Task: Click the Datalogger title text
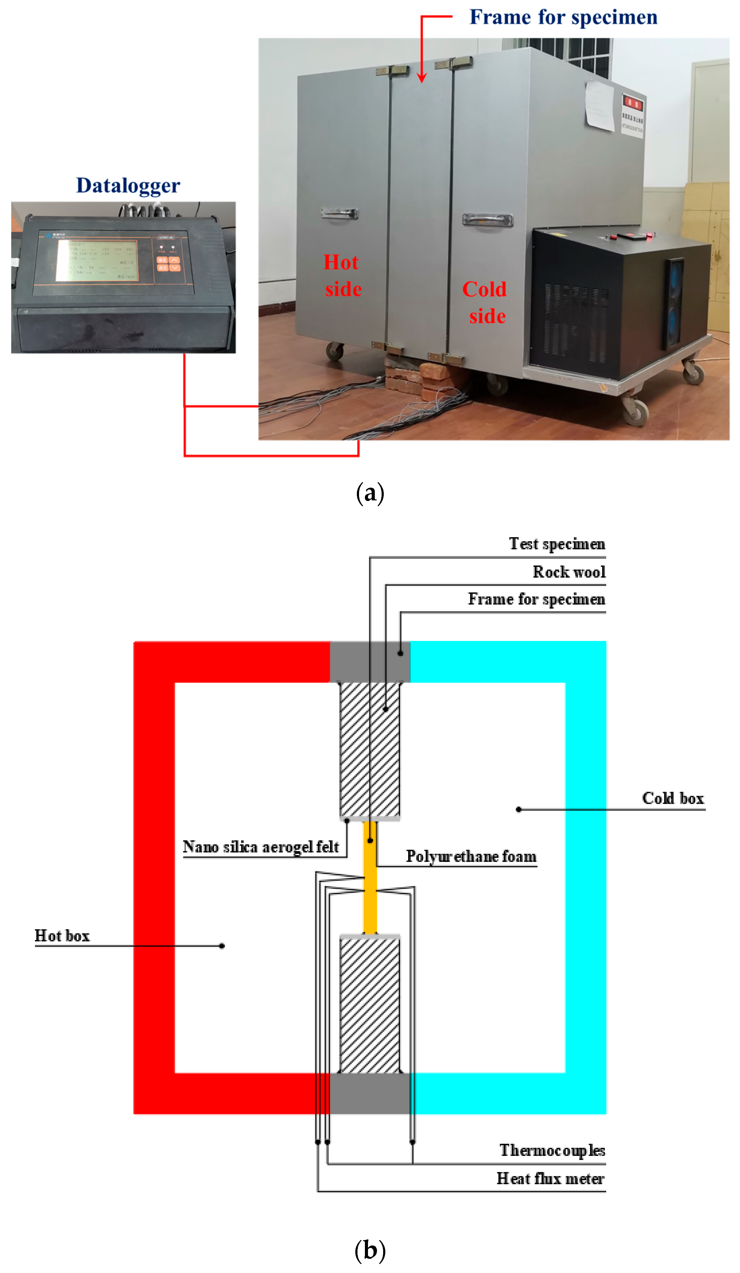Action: [128, 185]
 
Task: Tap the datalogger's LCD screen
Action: [96, 260]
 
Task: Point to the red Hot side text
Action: [342, 276]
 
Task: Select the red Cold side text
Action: [484, 302]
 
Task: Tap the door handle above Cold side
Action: [488, 219]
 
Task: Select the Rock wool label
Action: [569, 572]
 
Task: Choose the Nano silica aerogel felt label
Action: [261, 847]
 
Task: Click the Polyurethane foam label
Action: [471, 856]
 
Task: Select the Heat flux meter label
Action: [550, 1178]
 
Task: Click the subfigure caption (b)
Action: [370, 1250]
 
